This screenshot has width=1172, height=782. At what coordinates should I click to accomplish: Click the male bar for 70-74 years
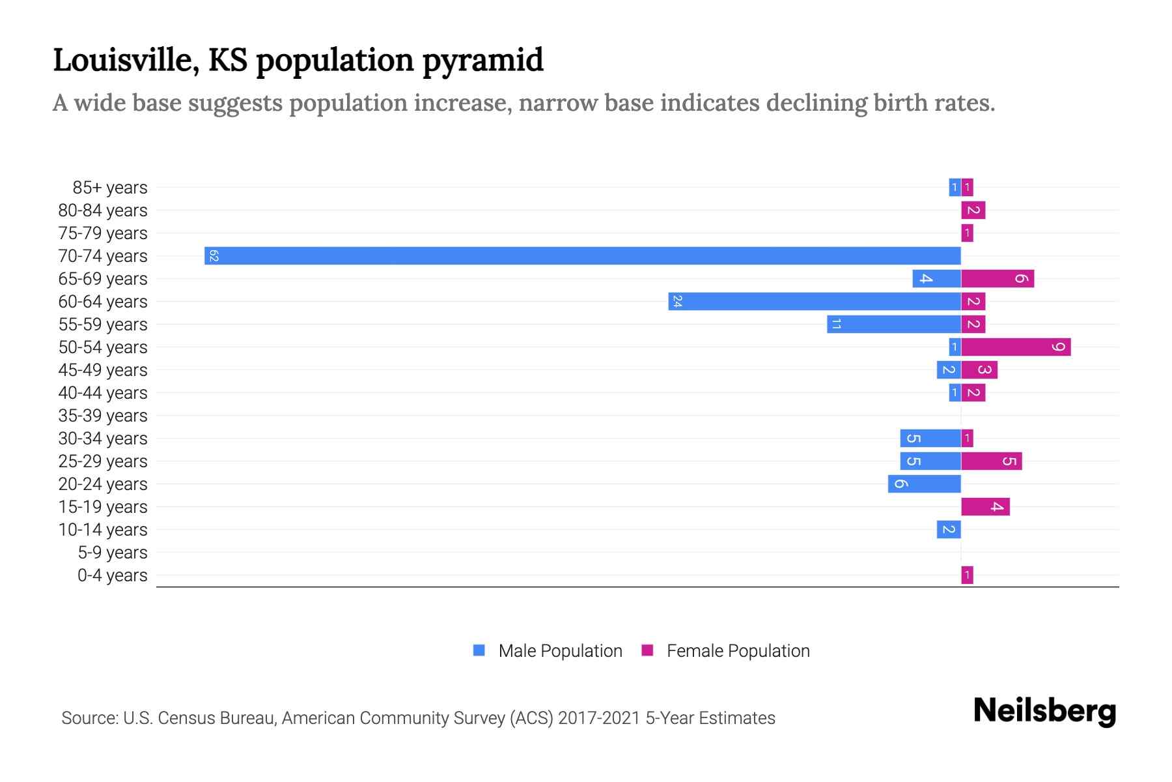click(583, 255)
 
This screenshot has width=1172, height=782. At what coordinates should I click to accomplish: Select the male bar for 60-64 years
click(814, 301)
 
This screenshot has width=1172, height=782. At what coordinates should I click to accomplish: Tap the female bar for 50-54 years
click(1016, 347)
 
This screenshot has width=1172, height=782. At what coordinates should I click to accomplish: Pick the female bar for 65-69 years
click(998, 278)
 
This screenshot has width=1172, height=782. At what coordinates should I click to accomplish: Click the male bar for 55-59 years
click(894, 324)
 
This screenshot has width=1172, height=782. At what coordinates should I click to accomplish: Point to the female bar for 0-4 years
click(967, 575)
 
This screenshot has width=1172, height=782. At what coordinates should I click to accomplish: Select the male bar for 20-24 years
click(925, 484)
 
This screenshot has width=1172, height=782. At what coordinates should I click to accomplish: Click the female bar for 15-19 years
click(985, 506)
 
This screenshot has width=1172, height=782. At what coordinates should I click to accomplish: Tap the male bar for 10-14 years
click(949, 529)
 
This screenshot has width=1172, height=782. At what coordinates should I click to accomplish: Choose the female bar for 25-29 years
click(991, 461)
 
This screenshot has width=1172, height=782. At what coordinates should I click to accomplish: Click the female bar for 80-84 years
click(973, 210)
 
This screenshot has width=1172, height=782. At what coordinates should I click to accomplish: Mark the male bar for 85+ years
click(955, 187)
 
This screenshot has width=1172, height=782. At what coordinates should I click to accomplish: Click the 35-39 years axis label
click(103, 415)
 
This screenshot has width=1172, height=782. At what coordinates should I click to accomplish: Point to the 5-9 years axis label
click(112, 552)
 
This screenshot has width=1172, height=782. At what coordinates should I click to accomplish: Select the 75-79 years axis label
click(103, 233)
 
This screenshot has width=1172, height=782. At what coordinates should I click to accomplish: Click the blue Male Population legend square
click(479, 650)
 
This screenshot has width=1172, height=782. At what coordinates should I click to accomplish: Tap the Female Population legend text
click(738, 650)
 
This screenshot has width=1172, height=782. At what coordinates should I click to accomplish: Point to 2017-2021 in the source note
click(599, 717)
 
